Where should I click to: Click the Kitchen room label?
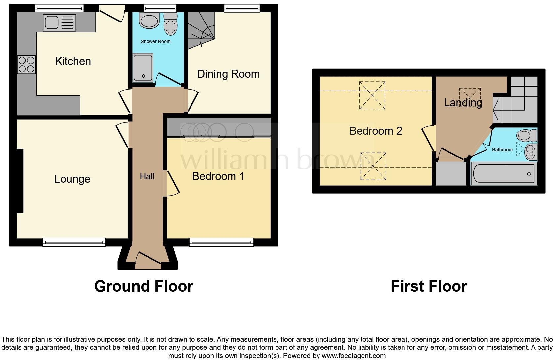coord(73,61)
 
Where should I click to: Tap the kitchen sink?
coord(59,22)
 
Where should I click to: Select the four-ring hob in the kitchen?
coord(26,64)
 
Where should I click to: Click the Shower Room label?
coord(155,41)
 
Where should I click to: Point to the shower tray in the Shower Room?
coord(143,68)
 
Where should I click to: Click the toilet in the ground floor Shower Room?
coord(170,24)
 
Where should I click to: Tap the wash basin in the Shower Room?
coord(149,21)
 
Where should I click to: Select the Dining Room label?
coord(228,74)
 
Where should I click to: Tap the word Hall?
coord(147,176)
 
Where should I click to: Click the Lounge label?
coord(72,179)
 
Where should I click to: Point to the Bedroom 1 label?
coord(218,176)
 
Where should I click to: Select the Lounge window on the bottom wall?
coord(74,242)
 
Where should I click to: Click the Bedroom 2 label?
coord(375,131)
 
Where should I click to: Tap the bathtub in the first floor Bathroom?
coord(503,174)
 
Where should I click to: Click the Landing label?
coord(463,103)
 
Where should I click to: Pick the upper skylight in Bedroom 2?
coord(372,95)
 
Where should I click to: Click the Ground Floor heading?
coord(144,286)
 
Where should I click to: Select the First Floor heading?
coord(429,286)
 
